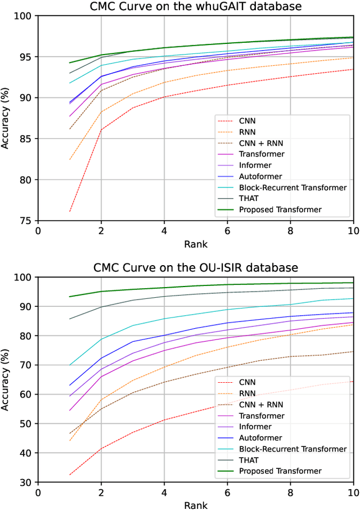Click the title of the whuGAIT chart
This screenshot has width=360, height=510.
click(195, 6)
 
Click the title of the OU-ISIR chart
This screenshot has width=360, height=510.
click(195, 267)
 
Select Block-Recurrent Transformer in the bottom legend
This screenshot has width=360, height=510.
click(293, 449)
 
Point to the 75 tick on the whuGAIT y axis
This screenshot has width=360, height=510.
click(28, 221)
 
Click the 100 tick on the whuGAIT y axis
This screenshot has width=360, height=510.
click(25, 16)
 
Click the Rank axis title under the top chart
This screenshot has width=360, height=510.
click(195, 244)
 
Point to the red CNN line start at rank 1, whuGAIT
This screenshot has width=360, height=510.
click(70, 212)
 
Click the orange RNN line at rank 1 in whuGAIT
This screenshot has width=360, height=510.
click(70, 160)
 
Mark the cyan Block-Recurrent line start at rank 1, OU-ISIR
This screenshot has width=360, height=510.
click(70, 365)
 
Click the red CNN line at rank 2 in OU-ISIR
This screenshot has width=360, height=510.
click(101, 448)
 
